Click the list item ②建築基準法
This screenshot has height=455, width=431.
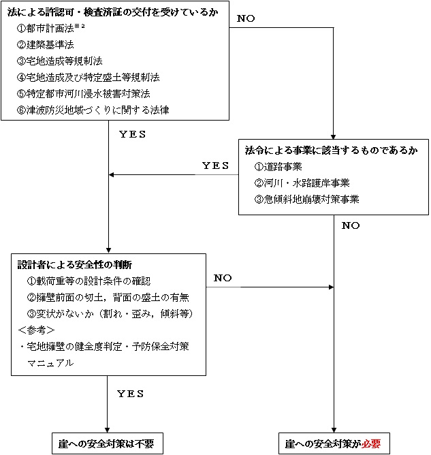coord(45,45)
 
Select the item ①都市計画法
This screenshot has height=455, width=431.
coord(45,29)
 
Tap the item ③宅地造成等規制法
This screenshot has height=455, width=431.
coord(60,61)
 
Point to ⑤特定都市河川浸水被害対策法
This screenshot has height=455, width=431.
coord(84,94)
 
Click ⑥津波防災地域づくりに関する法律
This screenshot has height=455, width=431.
coord(93,110)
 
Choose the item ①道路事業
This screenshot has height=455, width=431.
coord(278,167)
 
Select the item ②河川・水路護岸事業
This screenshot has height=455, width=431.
coord(302,183)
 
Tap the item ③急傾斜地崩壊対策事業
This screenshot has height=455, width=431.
coord(306,200)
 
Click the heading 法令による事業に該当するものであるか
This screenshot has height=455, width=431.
coord(331,151)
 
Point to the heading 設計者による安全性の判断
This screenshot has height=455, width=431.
coord(75,265)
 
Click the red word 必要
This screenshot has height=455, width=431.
coord(371,443)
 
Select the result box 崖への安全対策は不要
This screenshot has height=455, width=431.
coord(108,443)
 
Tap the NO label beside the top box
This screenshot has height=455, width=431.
coord(246,18)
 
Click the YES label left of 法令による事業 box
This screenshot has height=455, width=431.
coord(215,166)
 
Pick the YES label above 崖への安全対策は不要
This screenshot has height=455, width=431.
coord(131,394)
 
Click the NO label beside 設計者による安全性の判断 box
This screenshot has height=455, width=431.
coord(223,278)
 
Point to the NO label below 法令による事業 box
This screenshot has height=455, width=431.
coord(351,225)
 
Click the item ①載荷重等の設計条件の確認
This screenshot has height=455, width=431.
coord(89,281)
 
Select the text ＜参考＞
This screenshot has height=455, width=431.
coord(36,330)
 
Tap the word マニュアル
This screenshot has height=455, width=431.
coord(50,363)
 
